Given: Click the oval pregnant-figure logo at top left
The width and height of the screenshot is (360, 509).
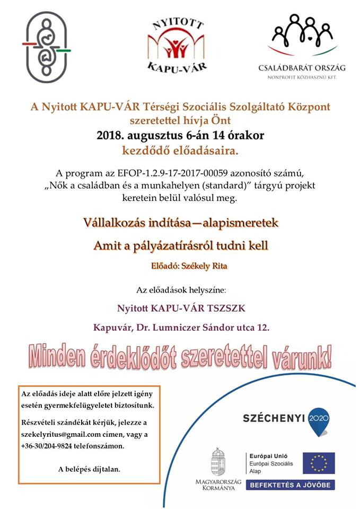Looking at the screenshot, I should click(47, 47).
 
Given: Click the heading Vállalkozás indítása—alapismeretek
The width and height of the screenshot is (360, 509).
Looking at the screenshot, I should click(181, 223).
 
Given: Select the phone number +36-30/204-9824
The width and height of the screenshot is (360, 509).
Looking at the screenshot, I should click(49, 446).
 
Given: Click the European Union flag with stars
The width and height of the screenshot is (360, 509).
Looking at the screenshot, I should click(319, 463).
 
